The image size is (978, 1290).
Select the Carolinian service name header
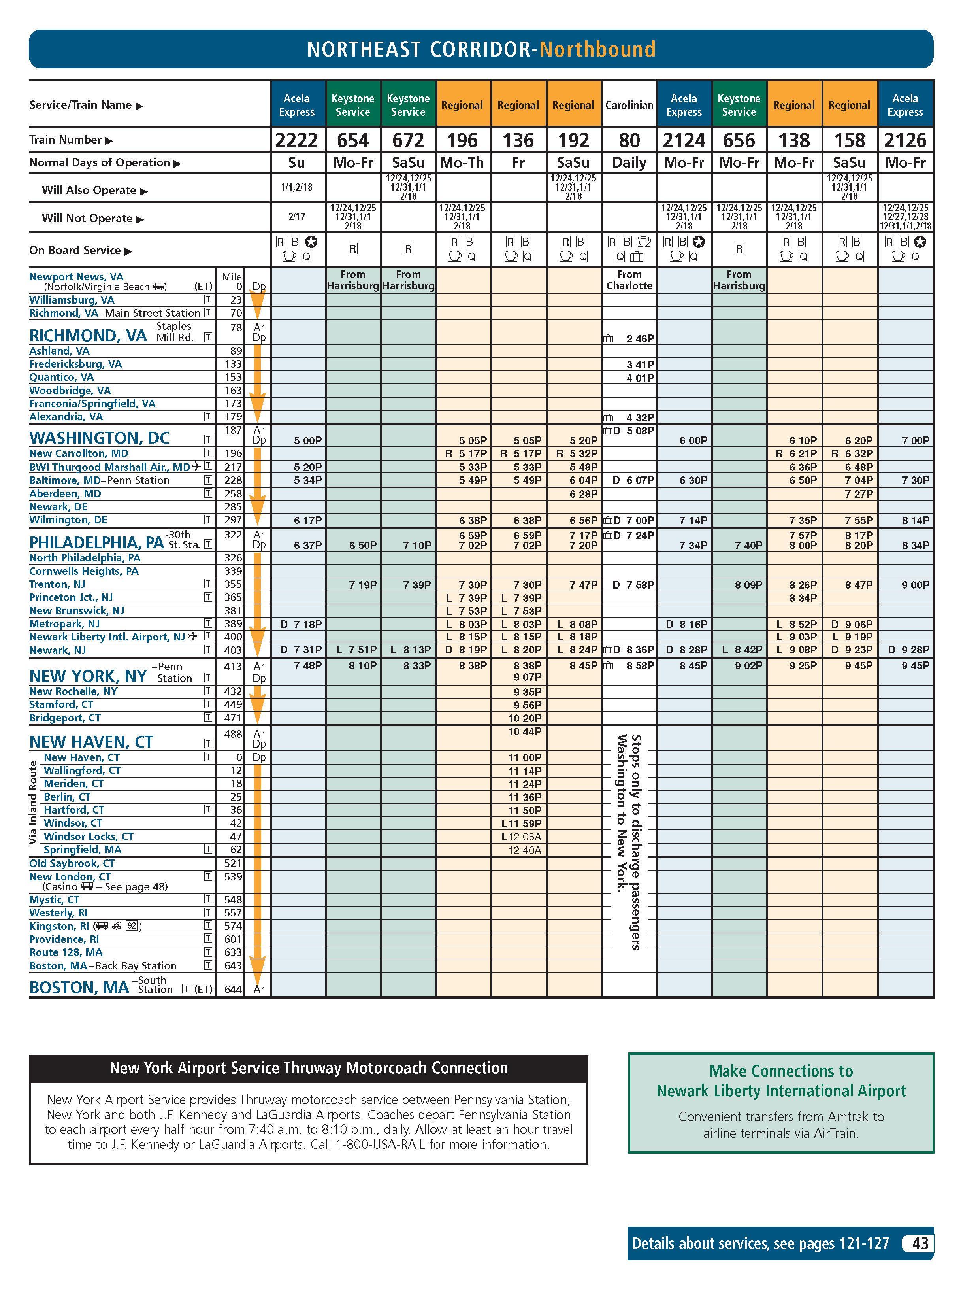(x=629, y=106)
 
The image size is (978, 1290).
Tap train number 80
(x=629, y=141)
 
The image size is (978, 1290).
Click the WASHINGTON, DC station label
(x=99, y=438)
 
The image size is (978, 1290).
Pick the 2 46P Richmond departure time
(x=640, y=339)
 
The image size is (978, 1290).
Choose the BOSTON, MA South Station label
(x=79, y=987)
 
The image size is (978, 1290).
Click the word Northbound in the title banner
(x=597, y=49)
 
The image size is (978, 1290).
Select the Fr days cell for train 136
(x=518, y=163)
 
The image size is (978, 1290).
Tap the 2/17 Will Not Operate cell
(x=297, y=217)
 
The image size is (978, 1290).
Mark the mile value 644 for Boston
(x=233, y=989)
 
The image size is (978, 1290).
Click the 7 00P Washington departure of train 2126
(x=916, y=441)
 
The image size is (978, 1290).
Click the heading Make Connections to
(x=780, y=1071)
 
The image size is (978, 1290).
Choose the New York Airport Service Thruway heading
(x=308, y=1068)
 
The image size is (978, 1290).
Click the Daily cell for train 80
(x=629, y=163)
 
